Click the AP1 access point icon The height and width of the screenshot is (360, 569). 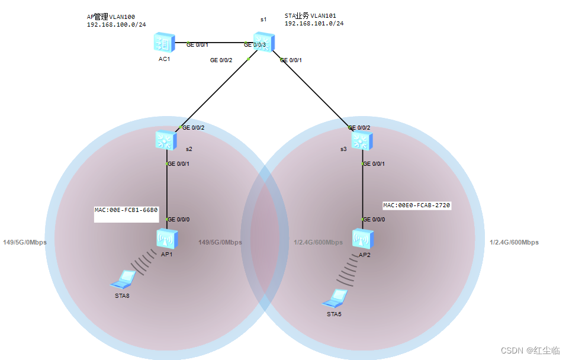point(166,238)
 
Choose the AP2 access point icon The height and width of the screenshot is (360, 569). point(362,238)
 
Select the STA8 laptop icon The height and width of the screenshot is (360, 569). point(126,278)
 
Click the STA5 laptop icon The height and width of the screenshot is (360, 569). point(337,297)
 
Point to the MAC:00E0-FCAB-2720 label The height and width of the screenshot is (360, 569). point(417,205)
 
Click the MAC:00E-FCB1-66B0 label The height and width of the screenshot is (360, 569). point(126,210)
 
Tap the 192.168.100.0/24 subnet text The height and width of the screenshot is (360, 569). point(117,25)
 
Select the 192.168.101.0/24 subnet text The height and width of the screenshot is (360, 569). point(314,24)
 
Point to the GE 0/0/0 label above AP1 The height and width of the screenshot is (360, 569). point(178,220)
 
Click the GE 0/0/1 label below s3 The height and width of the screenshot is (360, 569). point(374,164)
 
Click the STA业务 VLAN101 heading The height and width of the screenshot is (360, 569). point(311,16)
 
